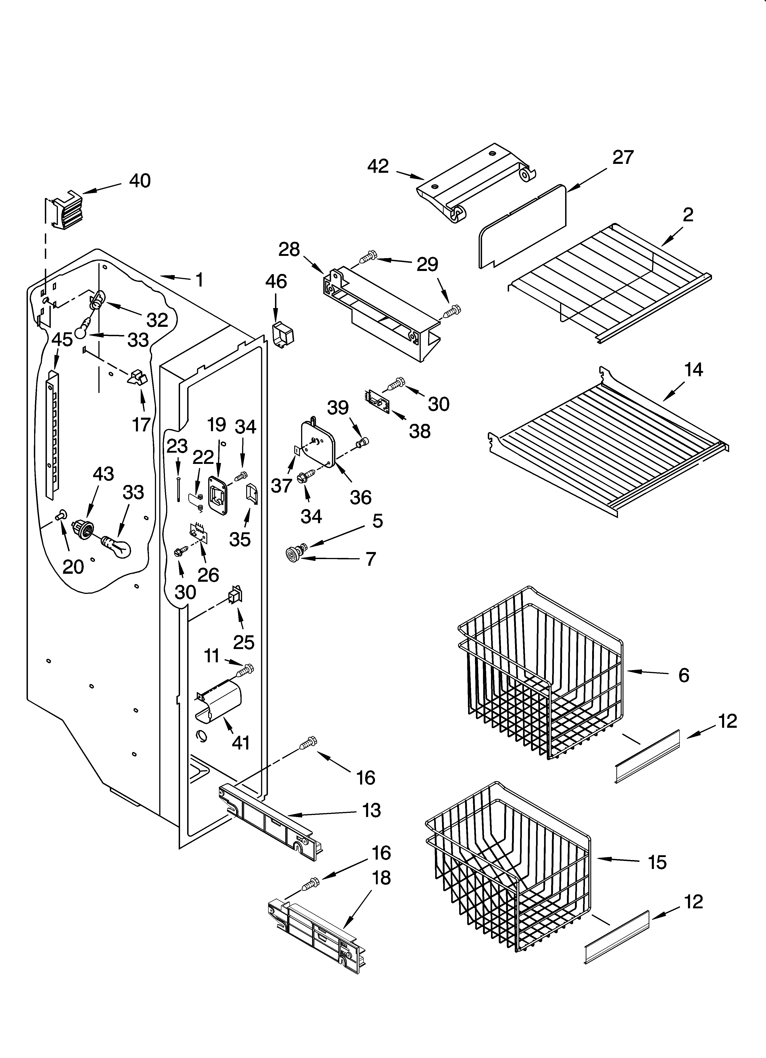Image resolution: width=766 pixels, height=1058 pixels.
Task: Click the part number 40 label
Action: [x=140, y=181]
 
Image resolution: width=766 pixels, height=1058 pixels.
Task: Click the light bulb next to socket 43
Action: [x=117, y=547]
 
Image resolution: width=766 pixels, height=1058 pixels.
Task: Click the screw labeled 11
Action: [x=245, y=670]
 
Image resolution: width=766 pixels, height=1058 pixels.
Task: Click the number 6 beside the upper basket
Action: [x=683, y=675]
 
